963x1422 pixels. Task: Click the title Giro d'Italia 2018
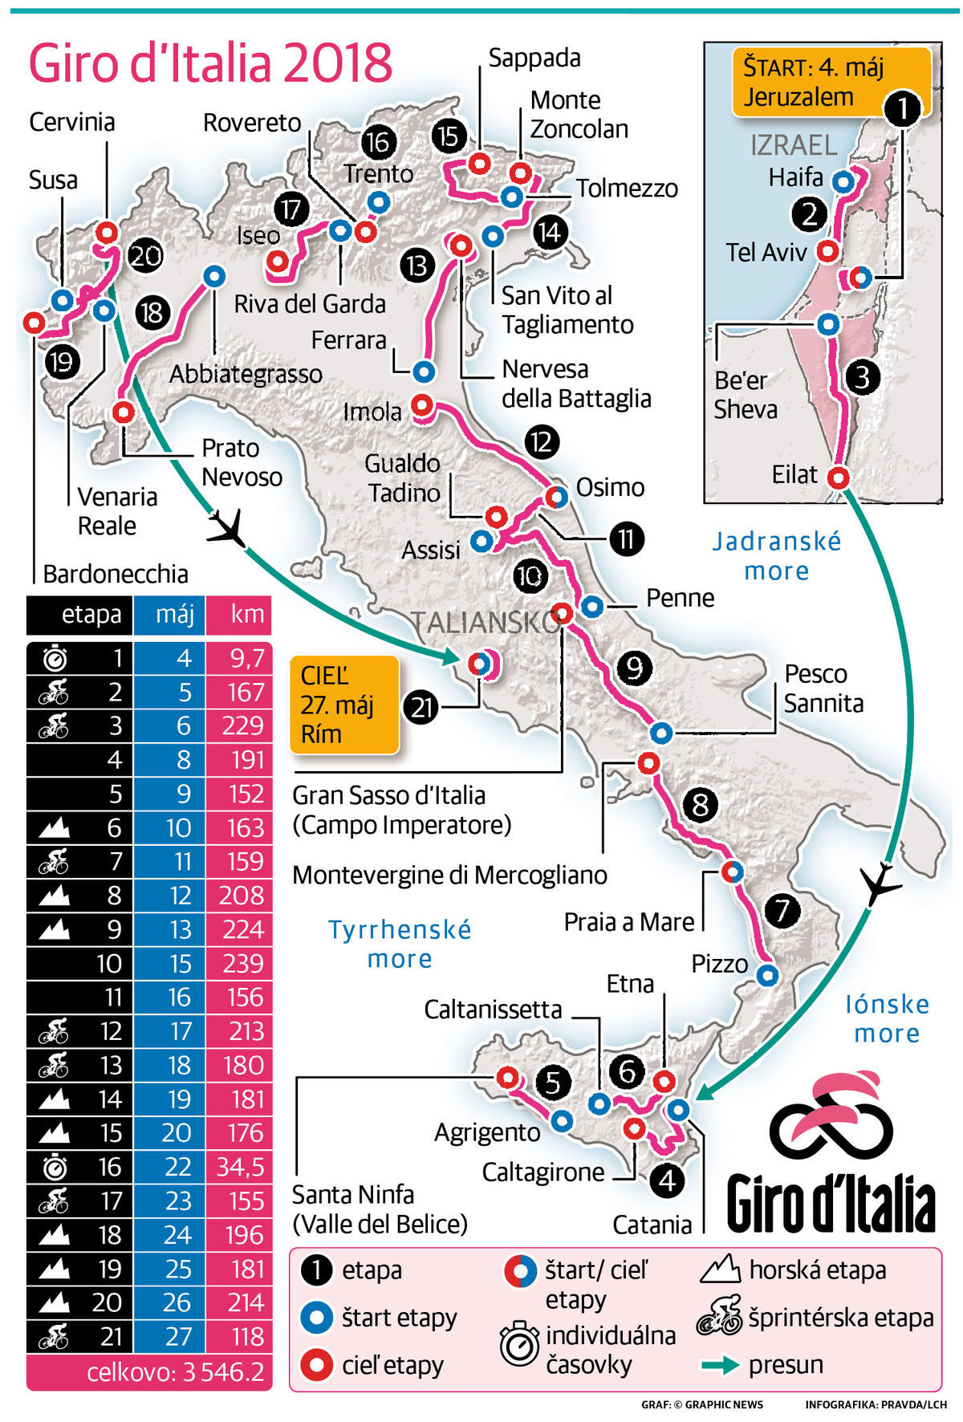210,64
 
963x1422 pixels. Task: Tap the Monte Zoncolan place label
578,114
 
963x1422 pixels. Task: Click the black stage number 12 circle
542,442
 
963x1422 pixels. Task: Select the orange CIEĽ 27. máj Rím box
344,705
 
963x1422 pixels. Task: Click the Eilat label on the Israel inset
794,474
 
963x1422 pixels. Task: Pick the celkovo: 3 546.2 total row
150,1371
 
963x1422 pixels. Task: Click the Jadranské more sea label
776,555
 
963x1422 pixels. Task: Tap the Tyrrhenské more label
400,944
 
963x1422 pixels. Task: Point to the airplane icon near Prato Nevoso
226,528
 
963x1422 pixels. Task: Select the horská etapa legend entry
815,1270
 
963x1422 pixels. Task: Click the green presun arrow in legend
720,1365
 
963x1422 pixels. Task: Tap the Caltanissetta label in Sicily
493,1009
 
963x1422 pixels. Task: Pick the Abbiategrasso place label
246,374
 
